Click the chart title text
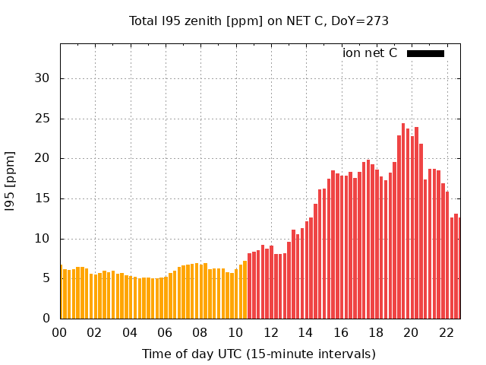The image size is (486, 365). (259, 21)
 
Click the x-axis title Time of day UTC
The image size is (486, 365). (259, 354)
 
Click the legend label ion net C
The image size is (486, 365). (370, 53)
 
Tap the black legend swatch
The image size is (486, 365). (425, 53)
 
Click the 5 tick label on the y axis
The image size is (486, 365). (46, 278)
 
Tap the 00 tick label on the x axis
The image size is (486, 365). (60, 332)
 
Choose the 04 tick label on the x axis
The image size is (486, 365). (130, 332)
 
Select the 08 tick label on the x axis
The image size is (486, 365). (200, 332)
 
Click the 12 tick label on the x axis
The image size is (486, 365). (270, 332)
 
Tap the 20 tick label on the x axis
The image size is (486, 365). (411, 332)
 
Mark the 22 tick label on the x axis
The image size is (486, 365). (446, 332)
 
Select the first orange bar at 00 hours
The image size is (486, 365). (62, 293)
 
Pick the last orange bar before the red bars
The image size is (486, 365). (245, 290)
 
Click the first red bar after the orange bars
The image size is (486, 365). (249, 287)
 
